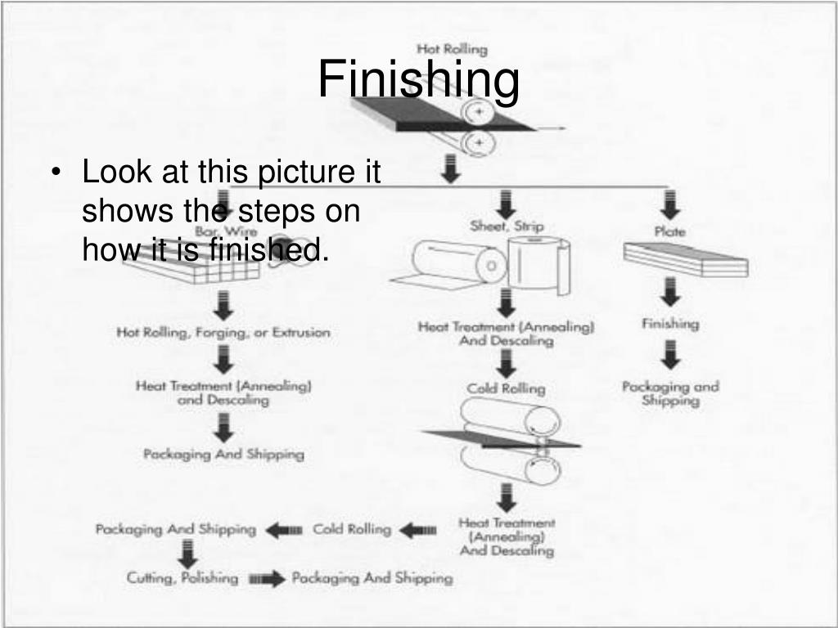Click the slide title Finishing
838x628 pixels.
[418, 79]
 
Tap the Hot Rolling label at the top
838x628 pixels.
[452, 49]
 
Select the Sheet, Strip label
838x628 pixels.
[507, 226]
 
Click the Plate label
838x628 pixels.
[669, 231]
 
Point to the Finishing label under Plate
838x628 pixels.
[670, 324]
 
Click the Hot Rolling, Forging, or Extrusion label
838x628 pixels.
[223, 333]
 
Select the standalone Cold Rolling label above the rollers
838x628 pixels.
[506, 388]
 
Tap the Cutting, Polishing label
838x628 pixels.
[182, 578]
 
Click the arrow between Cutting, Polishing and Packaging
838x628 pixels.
[266, 579]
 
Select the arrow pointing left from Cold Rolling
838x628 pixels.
[284, 530]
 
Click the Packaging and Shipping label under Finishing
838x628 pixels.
[669, 393]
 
